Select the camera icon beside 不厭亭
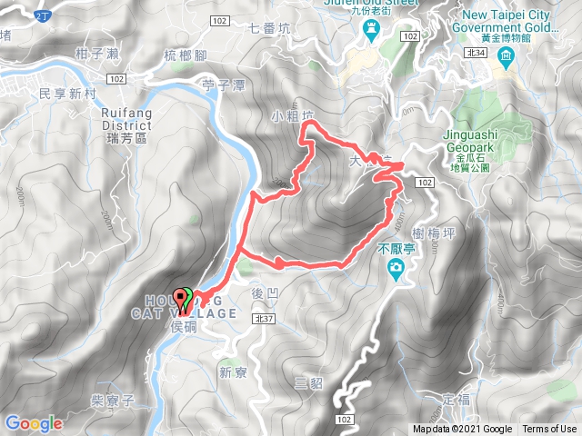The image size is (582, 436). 396,268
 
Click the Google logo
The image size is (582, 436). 33,423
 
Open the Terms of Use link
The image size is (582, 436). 548,430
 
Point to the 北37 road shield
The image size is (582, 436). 265,319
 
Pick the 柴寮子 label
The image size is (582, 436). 114,400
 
